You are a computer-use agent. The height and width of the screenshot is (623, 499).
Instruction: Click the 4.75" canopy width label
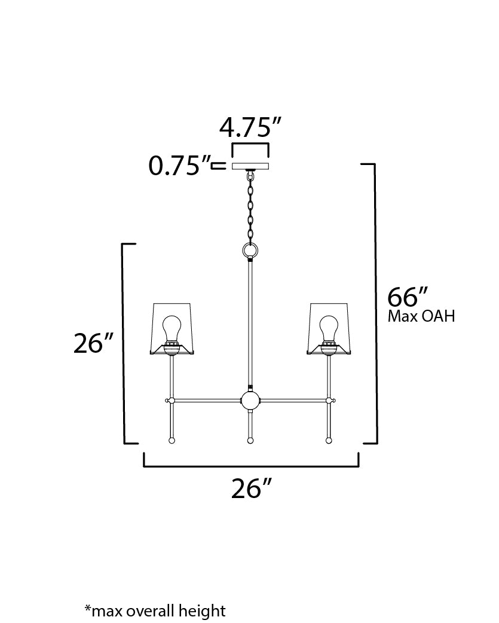250,127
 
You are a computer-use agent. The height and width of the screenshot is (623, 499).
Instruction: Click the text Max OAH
421,316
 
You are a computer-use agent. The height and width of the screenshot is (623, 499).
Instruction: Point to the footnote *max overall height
155,610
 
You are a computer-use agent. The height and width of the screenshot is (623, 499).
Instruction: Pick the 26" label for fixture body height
93,344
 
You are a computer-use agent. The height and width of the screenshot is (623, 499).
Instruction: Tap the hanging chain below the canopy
250,206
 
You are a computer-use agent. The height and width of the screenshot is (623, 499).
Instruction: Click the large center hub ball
250,399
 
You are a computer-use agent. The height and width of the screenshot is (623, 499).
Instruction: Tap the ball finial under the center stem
250,441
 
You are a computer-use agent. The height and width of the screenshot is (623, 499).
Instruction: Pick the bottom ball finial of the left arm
172,441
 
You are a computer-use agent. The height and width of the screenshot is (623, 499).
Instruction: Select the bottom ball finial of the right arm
329,441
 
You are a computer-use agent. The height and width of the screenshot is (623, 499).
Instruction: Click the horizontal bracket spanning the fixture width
250,465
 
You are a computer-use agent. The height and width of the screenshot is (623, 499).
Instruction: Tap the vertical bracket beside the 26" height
124,344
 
